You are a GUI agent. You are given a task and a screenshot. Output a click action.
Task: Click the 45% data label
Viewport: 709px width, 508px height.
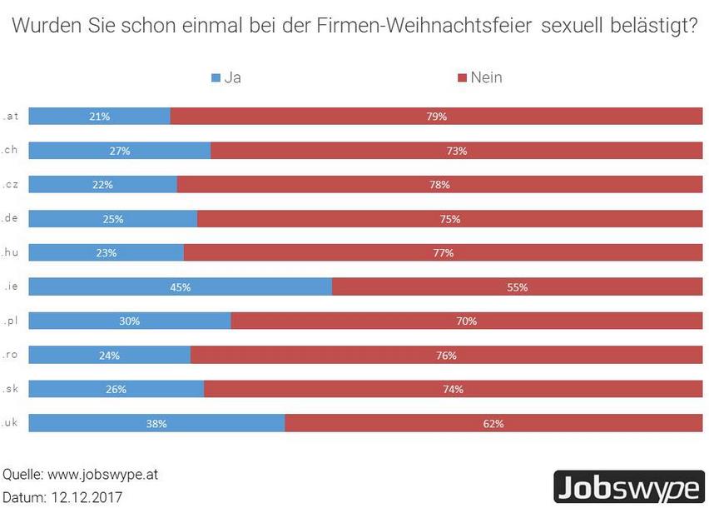[181, 286]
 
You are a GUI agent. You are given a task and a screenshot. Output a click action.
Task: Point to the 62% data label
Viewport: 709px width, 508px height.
[493, 423]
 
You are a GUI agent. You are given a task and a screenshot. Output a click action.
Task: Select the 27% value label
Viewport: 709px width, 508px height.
[120, 151]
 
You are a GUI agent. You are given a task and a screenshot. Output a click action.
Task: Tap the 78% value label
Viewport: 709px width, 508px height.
[439, 185]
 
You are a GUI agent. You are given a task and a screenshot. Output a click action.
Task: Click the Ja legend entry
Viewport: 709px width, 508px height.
[226, 77]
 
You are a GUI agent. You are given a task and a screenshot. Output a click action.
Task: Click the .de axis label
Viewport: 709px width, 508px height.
[11, 218]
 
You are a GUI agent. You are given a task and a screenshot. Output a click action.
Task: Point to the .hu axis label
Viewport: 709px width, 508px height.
[11, 252]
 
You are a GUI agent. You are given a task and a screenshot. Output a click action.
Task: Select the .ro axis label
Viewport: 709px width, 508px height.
[11, 355]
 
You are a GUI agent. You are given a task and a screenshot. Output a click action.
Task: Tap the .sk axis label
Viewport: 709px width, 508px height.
[11, 389]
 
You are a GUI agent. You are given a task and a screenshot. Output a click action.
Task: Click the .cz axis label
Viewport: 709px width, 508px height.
[11, 184]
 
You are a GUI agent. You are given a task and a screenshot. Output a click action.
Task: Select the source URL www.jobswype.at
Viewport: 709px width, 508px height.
[102, 475]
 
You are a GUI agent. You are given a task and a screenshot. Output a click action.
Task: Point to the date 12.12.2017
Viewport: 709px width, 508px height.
[86, 497]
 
